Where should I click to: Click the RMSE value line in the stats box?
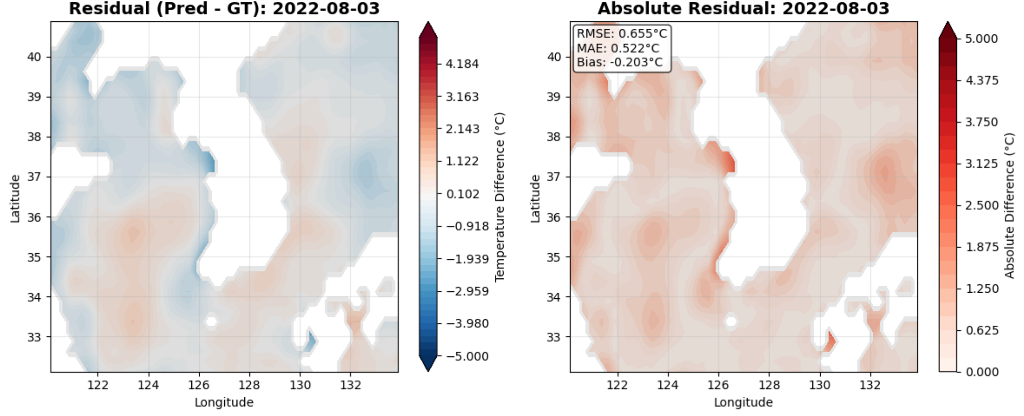(621, 34)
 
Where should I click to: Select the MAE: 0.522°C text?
(618, 48)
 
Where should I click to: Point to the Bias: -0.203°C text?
(619, 62)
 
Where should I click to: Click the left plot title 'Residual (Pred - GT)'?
(224, 9)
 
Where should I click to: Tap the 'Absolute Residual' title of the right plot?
(743, 9)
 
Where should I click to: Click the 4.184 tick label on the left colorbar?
(462, 64)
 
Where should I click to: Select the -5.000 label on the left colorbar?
(467, 356)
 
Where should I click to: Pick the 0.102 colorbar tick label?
(462, 194)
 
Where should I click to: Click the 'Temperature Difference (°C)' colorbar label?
(499, 197)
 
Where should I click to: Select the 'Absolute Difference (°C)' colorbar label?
(1009, 206)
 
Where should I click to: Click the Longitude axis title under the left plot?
(224, 403)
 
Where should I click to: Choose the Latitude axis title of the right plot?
(535, 199)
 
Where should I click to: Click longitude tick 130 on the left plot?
(300, 385)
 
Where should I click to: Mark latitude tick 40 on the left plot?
(34, 57)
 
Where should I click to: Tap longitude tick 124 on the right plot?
(668, 385)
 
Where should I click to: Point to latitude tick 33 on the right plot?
(553, 337)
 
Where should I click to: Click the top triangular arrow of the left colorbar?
(428, 29)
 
